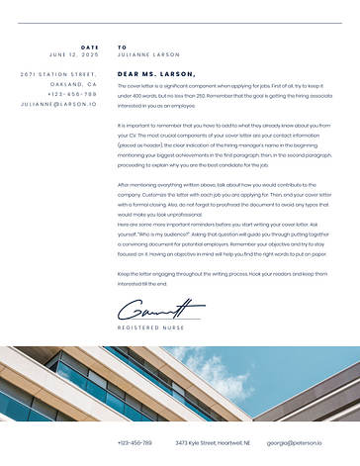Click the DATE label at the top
(x=90, y=47)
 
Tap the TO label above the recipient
(x=122, y=47)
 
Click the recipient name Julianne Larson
(x=148, y=55)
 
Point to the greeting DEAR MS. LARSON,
(x=156, y=73)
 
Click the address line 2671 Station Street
(x=58, y=74)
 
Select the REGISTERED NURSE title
(x=151, y=326)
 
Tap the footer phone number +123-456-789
(x=135, y=442)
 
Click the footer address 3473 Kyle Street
(x=213, y=442)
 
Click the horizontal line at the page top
(x=179, y=23)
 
